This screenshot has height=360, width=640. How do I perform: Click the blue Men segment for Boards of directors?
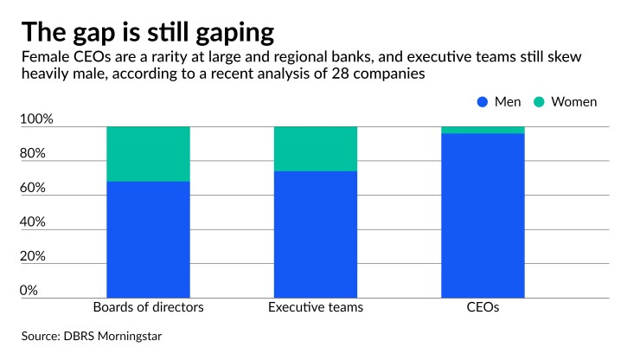[x=148, y=239]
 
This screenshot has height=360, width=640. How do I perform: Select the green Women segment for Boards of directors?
[x=148, y=154]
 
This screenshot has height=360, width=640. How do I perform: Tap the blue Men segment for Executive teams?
[x=315, y=234]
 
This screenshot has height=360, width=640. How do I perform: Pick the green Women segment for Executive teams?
[x=315, y=149]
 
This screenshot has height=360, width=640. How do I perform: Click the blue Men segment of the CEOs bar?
[x=483, y=215]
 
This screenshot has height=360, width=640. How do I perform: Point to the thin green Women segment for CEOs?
[x=483, y=130]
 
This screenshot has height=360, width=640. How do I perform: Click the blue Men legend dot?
[x=483, y=102]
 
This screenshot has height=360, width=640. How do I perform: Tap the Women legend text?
[x=574, y=102]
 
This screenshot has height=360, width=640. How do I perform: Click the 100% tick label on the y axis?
[x=35, y=119]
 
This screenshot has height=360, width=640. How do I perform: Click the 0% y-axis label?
[x=29, y=291]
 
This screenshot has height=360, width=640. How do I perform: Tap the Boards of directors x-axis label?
[x=148, y=307]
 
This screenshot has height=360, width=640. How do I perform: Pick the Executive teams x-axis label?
[x=315, y=307]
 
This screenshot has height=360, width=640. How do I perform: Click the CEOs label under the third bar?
[x=483, y=307]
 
